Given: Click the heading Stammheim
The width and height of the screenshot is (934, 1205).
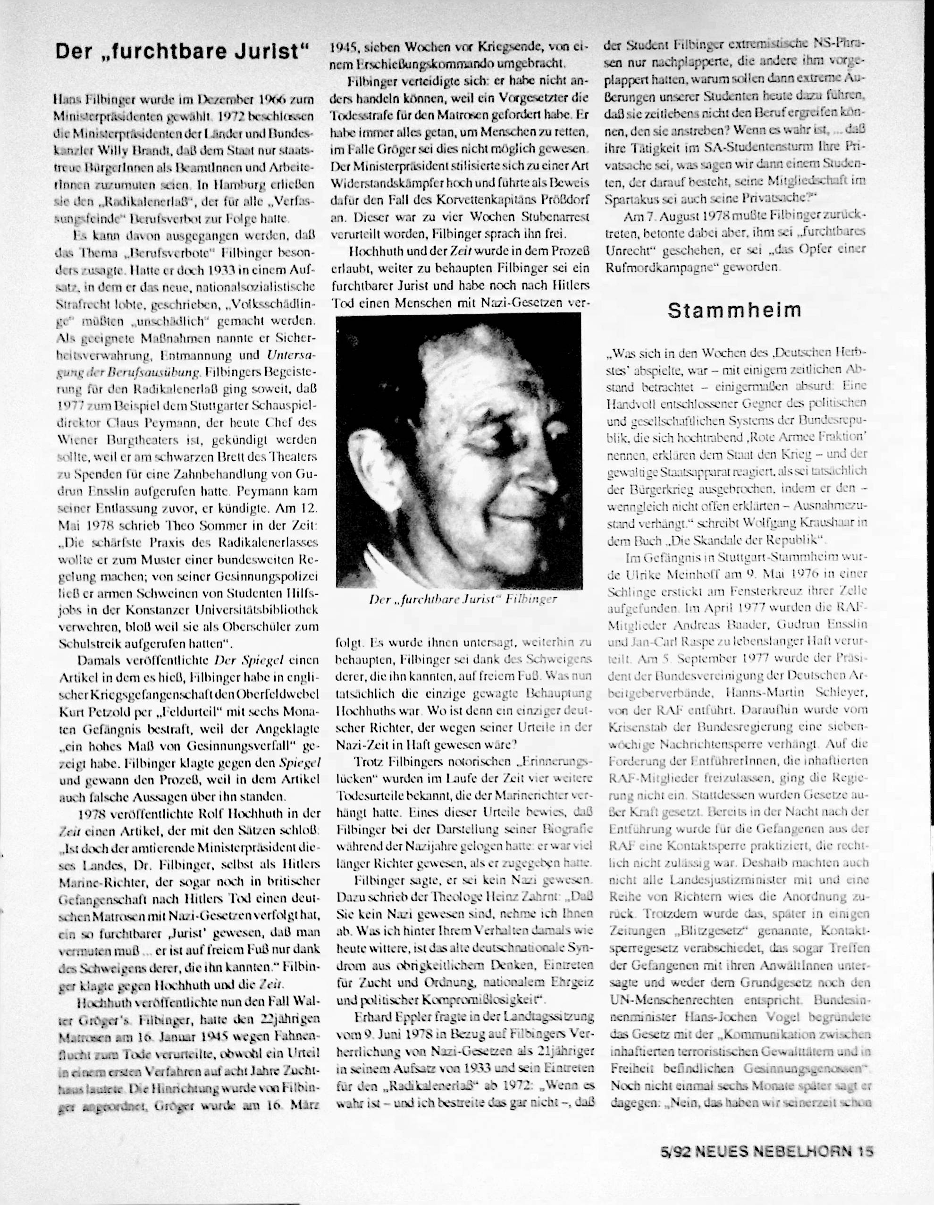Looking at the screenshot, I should tap(734, 311).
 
